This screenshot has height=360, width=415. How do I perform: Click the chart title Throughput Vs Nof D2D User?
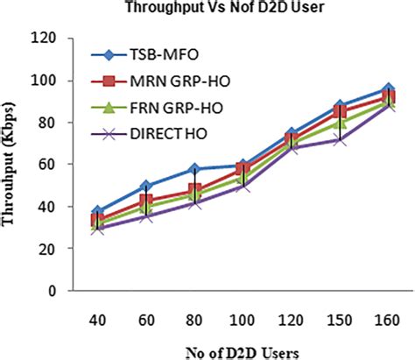(207, 12)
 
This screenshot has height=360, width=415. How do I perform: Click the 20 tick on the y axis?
(60, 249)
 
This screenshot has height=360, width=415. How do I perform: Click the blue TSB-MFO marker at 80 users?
(195, 169)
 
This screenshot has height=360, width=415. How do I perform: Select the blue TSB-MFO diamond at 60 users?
(147, 186)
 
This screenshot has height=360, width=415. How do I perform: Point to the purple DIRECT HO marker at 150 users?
(340, 139)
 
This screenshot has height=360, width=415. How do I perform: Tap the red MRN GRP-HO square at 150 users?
(340, 111)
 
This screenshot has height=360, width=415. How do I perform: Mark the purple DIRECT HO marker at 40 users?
(99, 228)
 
